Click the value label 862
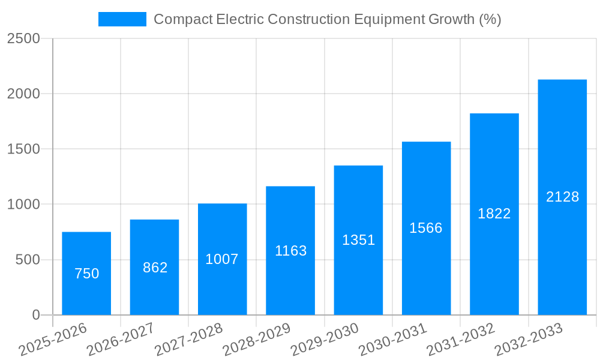coord(155,268)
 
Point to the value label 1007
coord(222,259)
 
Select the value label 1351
coord(358,240)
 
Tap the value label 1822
coord(494,214)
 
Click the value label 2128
coord(562,197)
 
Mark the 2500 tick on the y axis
coord(23,38)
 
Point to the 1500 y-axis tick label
coord(23,149)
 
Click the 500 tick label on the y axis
coord(28,260)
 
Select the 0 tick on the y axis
coord(35,315)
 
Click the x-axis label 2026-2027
coord(120,339)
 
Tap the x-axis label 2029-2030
coord(324,339)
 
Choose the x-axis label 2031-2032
coord(460,339)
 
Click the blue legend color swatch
coord(122,19)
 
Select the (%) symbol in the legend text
coord(490,19)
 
